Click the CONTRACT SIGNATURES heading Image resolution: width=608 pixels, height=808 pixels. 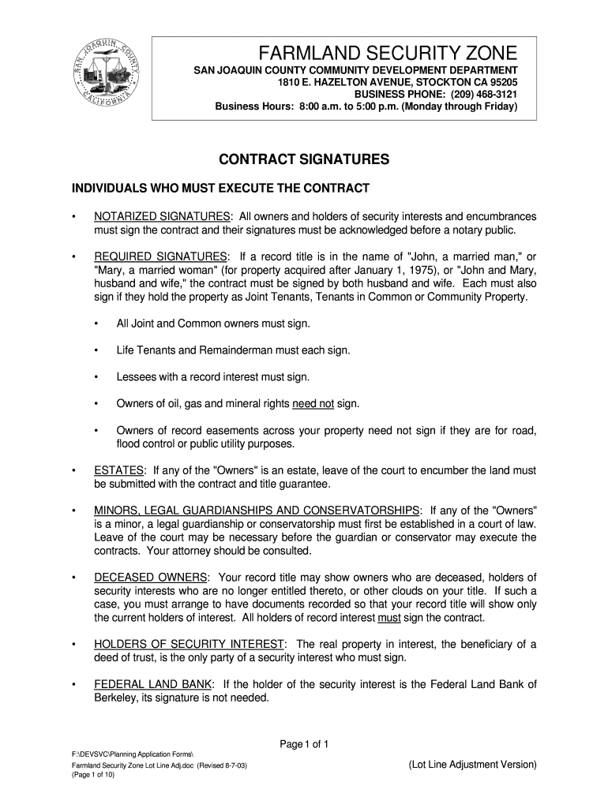click(x=303, y=160)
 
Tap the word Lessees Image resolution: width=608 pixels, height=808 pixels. click(x=137, y=377)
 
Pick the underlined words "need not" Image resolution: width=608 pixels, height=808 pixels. click(x=313, y=404)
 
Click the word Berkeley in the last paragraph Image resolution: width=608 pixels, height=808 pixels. click(x=117, y=698)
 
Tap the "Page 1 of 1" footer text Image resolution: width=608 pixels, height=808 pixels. click(x=304, y=744)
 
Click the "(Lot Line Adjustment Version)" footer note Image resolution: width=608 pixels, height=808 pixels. click(x=472, y=765)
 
